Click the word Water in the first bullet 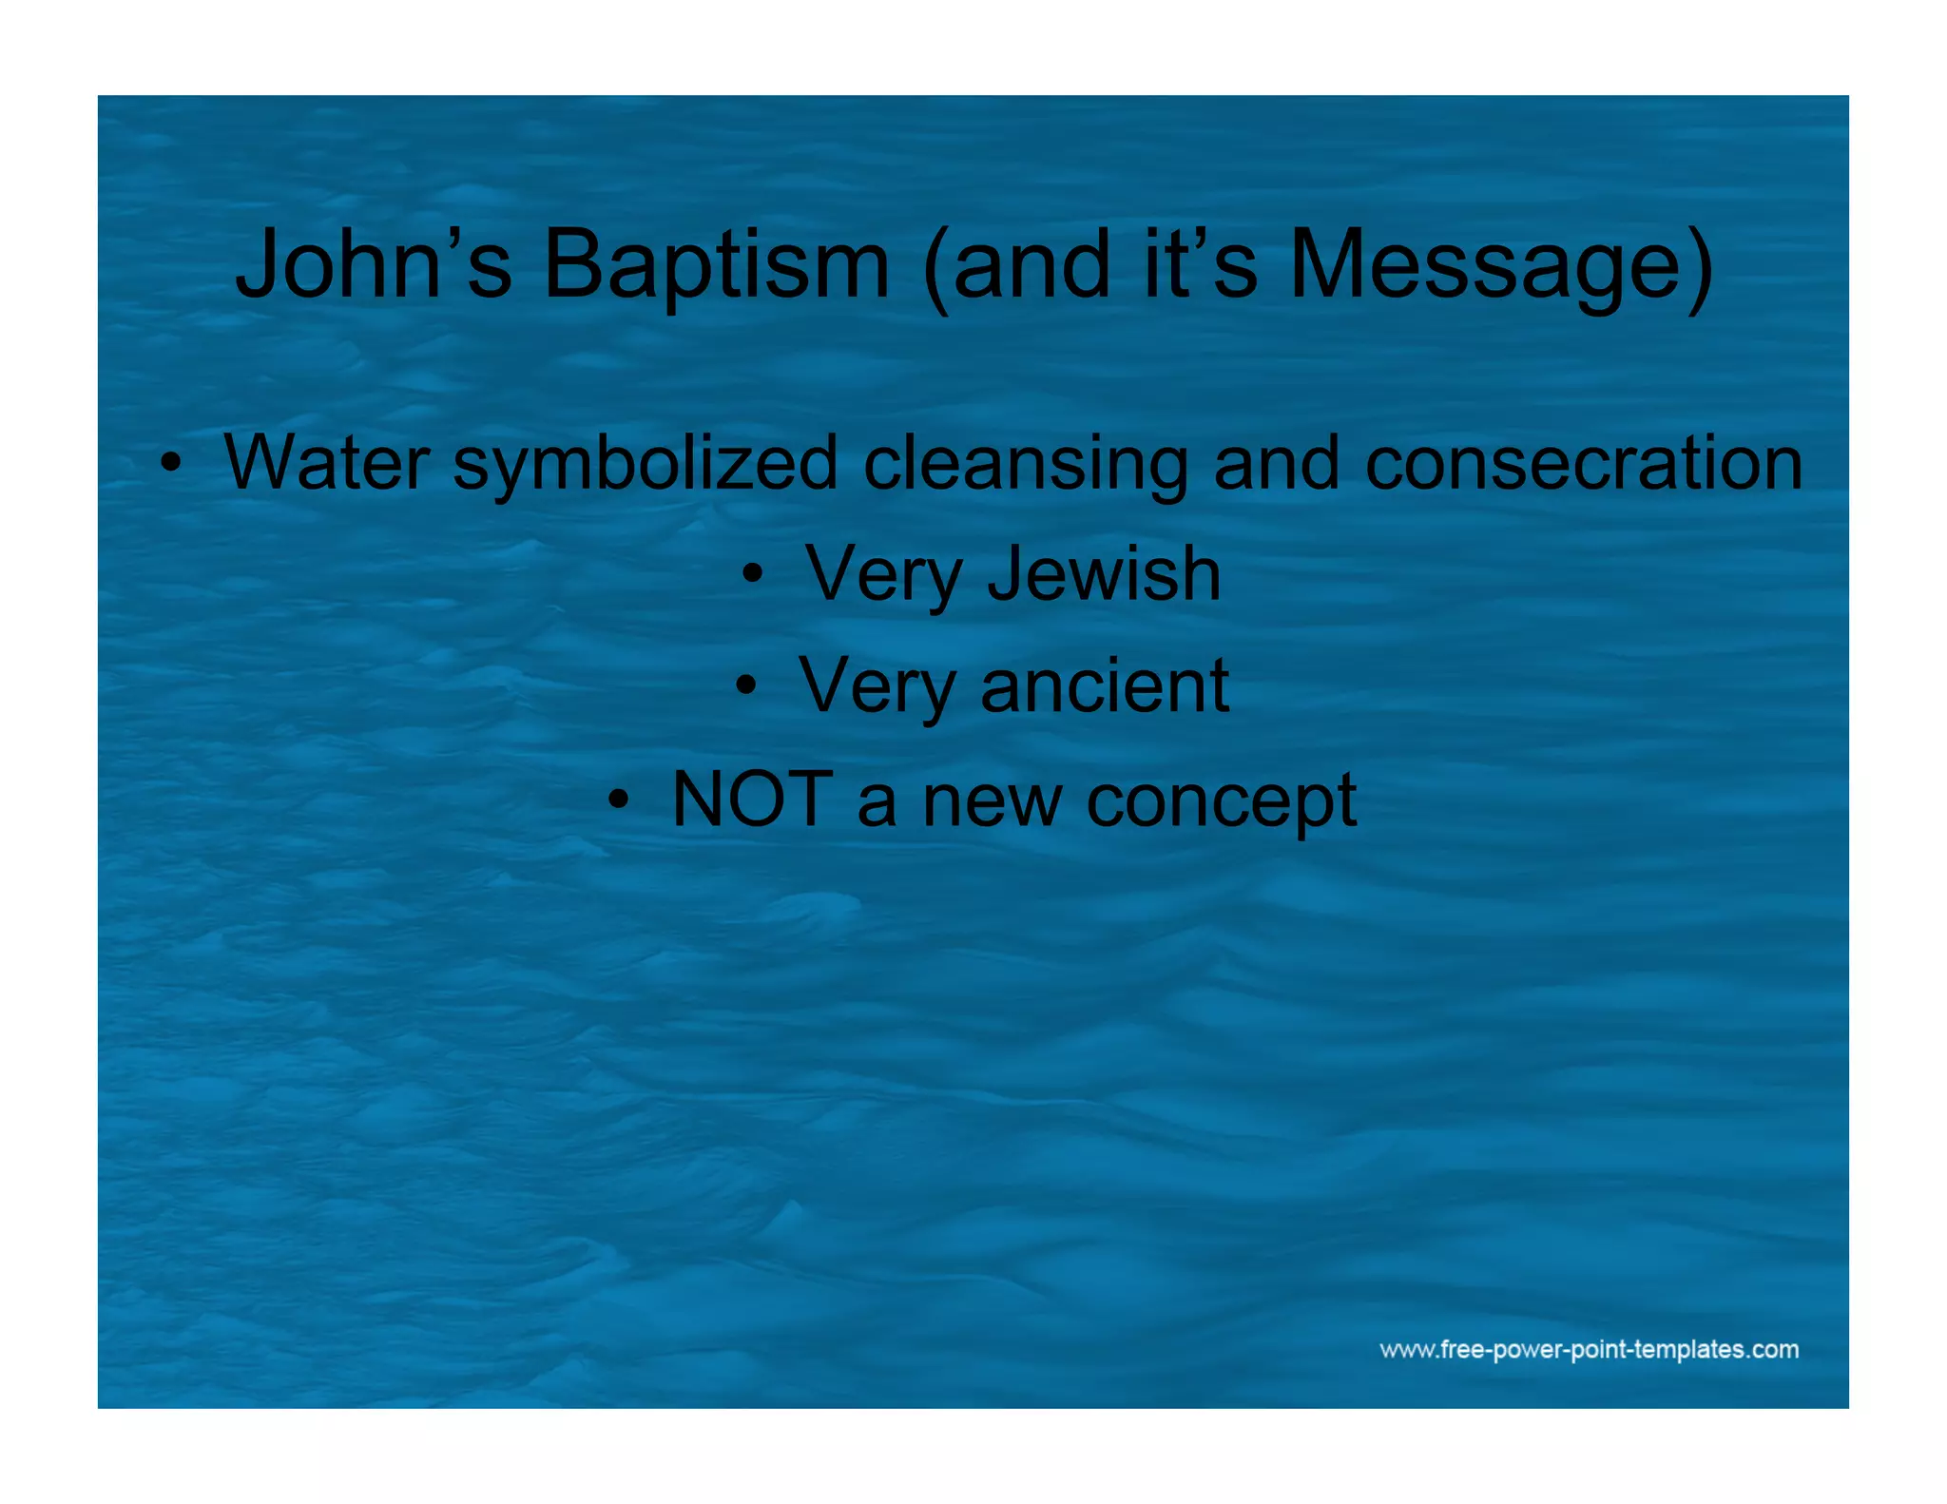tap(326, 463)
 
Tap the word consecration tap(1584, 463)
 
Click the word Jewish tap(1104, 574)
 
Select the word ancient tap(1105, 685)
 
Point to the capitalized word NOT tap(752, 799)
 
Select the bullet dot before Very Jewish tap(752, 574)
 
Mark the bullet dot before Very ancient tap(746, 685)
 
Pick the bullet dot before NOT tap(619, 799)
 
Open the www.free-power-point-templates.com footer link tap(1589, 1349)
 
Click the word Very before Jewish tap(884, 576)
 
